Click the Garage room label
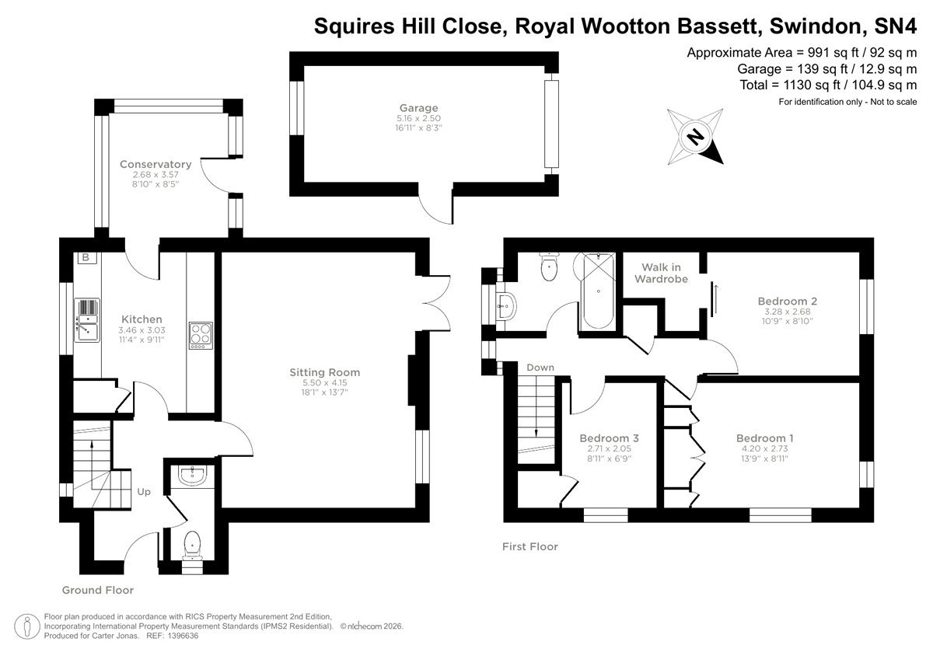tap(418, 108)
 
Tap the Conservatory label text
tap(155, 165)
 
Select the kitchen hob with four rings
tap(201, 336)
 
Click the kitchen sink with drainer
tap(87, 320)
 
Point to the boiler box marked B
tap(86, 257)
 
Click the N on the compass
tap(695, 137)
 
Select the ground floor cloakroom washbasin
tap(192, 476)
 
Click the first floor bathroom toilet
tap(550, 267)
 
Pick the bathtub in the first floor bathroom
tap(599, 291)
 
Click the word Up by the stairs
tap(144, 492)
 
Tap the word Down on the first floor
tap(540, 368)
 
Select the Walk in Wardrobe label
tap(661, 273)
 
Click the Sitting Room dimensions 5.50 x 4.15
tap(324, 382)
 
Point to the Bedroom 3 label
tap(609, 438)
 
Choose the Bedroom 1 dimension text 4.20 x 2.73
tap(765, 448)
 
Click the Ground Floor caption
tap(98, 590)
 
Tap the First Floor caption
tap(529, 546)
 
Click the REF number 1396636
tap(183, 636)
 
